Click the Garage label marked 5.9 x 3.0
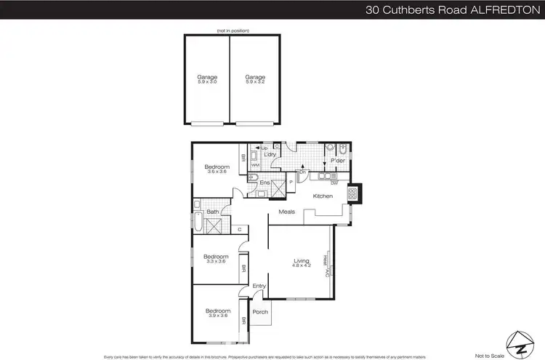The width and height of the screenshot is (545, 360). click(207, 79)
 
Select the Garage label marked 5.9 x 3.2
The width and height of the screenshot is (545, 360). click(255, 79)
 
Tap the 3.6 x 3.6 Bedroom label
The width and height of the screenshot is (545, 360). click(217, 168)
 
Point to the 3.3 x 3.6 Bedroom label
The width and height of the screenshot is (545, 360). click(216, 258)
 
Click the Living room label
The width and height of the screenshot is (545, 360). click(302, 263)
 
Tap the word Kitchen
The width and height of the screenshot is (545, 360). click(323, 196)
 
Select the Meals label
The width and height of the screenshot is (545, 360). click(286, 212)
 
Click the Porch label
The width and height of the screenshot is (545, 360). click(259, 312)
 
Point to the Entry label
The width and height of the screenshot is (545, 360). click(259, 286)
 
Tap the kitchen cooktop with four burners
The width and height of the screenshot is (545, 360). click(352, 194)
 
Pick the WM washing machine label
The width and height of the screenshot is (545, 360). click(255, 166)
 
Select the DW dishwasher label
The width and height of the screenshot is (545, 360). click(334, 183)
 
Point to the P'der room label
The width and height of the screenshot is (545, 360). click(337, 160)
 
